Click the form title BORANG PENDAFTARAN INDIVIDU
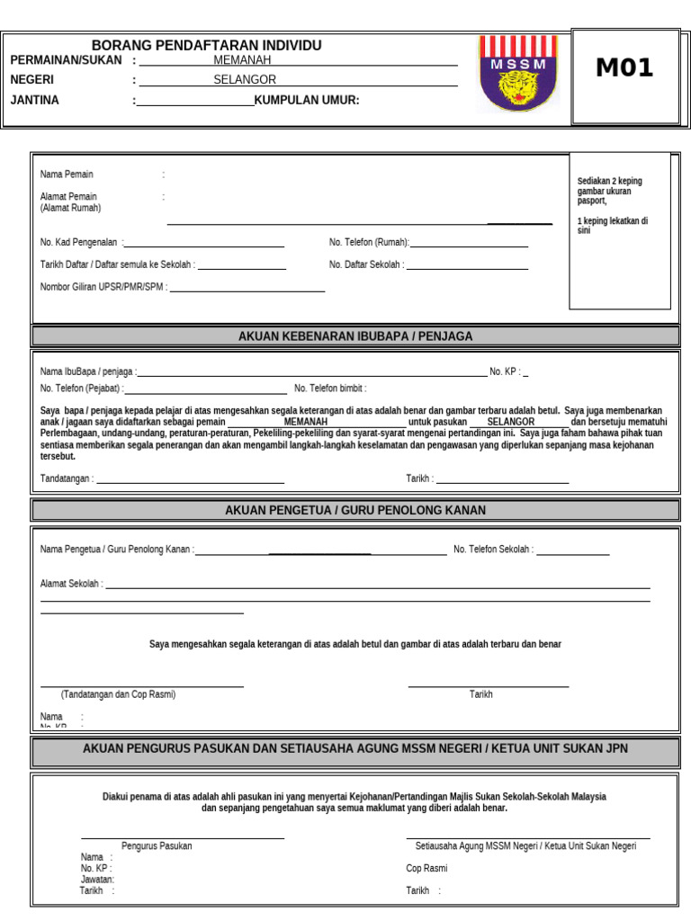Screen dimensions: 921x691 tap(206, 46)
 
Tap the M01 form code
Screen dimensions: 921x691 tap(624, 68)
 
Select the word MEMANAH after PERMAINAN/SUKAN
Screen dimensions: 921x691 tap(242, 60)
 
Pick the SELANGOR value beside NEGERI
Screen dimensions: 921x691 tap(245, 80)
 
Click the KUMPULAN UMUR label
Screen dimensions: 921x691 tap(307, 100)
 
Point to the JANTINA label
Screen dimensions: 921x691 tap(34, 100)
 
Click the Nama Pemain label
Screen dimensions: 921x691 tap(67, 174)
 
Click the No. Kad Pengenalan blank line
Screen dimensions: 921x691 tap(205, 245)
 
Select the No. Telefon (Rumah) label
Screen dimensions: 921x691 tap(369, 242)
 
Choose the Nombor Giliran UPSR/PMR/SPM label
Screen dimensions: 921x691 tap(103, 288)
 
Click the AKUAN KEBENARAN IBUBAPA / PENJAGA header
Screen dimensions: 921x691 tap(355, 336)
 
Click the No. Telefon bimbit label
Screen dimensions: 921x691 tap(330, 389)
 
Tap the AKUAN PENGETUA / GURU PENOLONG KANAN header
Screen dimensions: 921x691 tap(355, 511)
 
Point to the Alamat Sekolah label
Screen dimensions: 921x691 tap(71, 584)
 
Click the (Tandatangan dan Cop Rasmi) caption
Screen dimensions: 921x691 tap(118, 694)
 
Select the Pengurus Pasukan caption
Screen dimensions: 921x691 tap(157, 846)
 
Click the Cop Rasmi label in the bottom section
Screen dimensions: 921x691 tap(426, 869)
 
